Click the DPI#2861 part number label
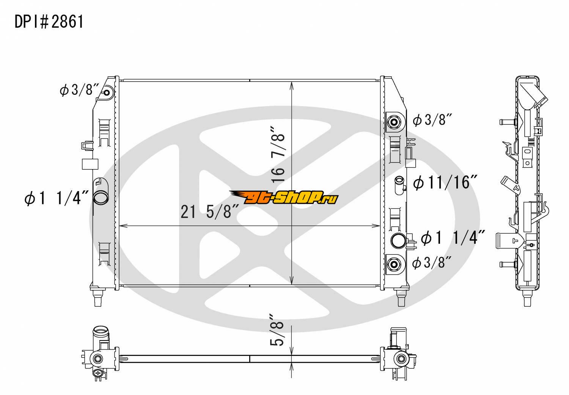click(49, 22)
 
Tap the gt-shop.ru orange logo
click(284, 197)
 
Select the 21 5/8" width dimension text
click(210, 212)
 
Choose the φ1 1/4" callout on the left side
click(57, 198)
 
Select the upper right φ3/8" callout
click(432, 119)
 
